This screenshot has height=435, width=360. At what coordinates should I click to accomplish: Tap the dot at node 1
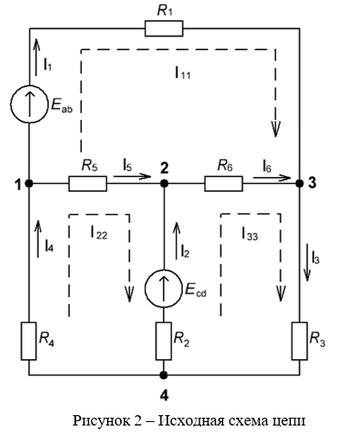[x=28, y=183]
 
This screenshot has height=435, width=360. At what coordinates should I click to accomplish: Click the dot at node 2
[x=164, y=183]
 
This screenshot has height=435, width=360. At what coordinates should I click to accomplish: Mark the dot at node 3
[x=300, y=183]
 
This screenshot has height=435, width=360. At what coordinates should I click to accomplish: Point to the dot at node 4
[x=164, y=375]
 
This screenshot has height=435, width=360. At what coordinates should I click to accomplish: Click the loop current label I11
[x=183, y=72]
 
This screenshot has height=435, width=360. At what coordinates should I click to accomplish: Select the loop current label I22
[x=99, y=232]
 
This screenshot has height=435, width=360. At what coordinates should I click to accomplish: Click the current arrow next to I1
[x=36, y=57]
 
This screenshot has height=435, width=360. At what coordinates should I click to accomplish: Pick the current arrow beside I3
[x=307, y=262]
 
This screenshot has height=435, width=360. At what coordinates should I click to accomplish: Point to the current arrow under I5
[x=132, y=176]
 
